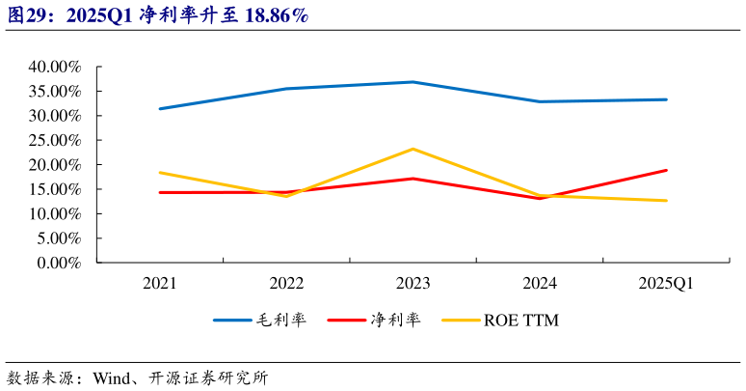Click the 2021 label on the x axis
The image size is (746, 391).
tap(159, 283)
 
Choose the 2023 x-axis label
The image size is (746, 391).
tap(413, 283)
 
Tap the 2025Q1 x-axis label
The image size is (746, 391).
tap(666, 283)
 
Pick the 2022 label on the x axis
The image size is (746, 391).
tap(286, 283)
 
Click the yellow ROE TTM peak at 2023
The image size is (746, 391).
tap(413, 149)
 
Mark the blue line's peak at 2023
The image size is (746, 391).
tap(413, 82)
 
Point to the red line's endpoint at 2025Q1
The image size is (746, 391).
tap(666, 170)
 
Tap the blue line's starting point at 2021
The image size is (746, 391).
tap(159, 108)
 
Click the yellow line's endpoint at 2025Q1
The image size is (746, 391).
tap(666, 201)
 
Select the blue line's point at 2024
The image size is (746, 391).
tap(540, 101)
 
